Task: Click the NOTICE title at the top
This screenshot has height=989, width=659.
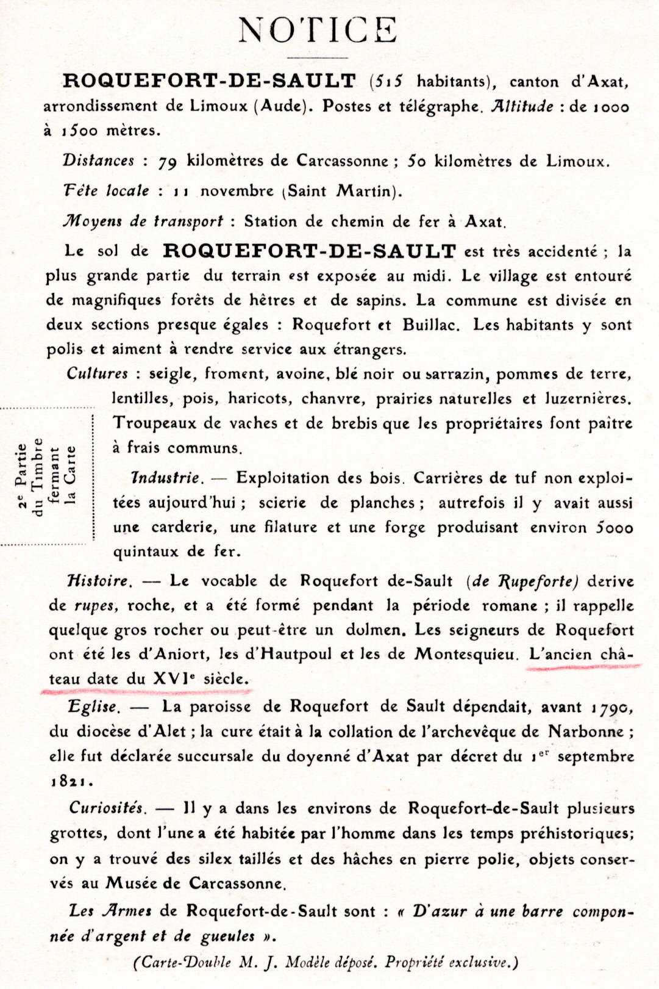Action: (318, 30)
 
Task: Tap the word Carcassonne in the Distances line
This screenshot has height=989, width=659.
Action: (342, 161)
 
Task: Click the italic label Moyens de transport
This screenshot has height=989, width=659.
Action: (143, 221)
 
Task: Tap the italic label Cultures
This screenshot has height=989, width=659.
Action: (98, 373)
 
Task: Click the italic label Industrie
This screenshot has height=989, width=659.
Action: (165, 478)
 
